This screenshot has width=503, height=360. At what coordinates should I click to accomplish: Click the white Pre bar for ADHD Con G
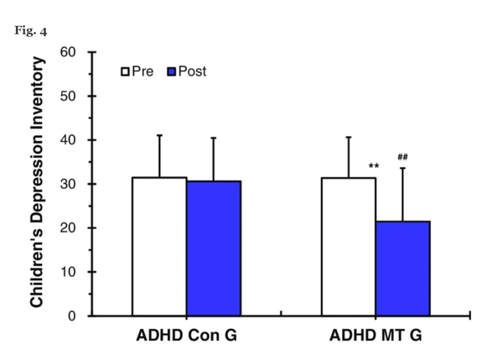[x=159, y=247]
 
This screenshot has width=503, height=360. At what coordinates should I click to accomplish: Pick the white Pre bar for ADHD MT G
[x=349, y=247]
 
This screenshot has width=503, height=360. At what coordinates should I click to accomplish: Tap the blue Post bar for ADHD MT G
[x=402, y=269]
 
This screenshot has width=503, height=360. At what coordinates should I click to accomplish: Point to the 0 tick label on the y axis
[x=72, y=316]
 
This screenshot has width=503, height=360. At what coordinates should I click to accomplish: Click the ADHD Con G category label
[x=186, y=339]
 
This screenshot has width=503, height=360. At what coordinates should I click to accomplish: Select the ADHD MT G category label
[x=376, y=339]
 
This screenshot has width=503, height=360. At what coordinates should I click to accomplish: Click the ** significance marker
[x=374, y=166]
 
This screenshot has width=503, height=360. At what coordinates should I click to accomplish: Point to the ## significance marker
[x=402, y=157]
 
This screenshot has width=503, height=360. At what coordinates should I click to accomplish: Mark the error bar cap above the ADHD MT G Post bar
[x=402, y=168]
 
